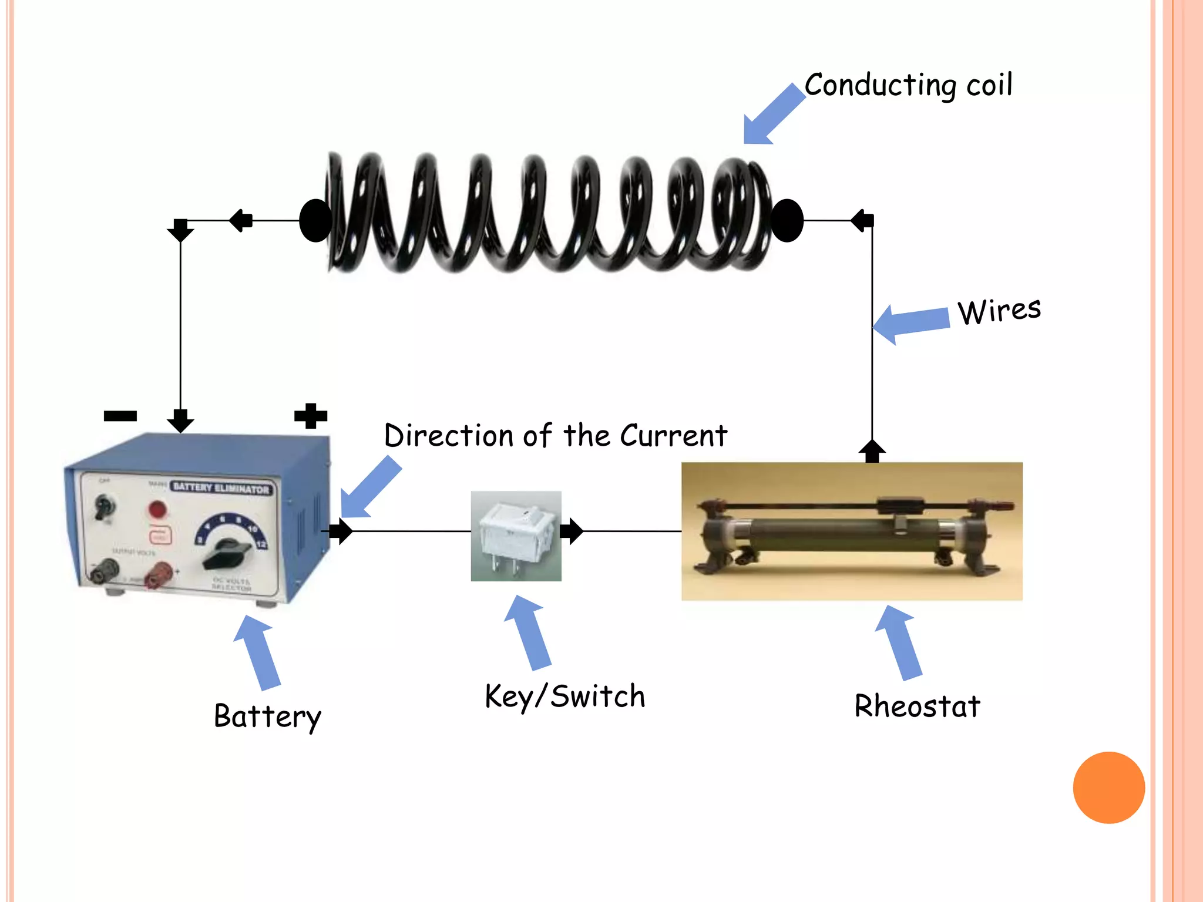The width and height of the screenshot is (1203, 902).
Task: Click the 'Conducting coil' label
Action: point(908,85)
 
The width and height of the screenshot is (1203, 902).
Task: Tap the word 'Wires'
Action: point(999,311)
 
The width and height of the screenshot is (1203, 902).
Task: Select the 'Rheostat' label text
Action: point(917,706)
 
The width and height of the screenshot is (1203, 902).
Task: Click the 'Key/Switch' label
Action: point(564,696)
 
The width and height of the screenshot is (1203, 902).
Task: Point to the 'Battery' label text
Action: point(267,716)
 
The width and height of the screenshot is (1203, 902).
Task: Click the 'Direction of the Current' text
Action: point(555,436)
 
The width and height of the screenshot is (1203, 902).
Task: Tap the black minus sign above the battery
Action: point(120,416)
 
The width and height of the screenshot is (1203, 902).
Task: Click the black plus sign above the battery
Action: point(310,416)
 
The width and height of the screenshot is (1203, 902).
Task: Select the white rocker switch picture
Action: point(516,536)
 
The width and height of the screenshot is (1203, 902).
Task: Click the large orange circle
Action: point(1108,787)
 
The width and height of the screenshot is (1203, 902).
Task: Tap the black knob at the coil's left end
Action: point(315,220)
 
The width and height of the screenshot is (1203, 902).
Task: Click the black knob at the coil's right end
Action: point(787,220)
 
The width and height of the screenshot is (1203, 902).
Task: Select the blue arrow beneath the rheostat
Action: point(899,642)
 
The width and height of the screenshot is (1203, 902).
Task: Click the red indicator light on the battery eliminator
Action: point(157,509)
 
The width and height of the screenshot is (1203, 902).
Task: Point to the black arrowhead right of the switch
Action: point(571,531)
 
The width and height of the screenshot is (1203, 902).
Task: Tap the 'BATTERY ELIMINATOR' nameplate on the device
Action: point(221,488)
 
